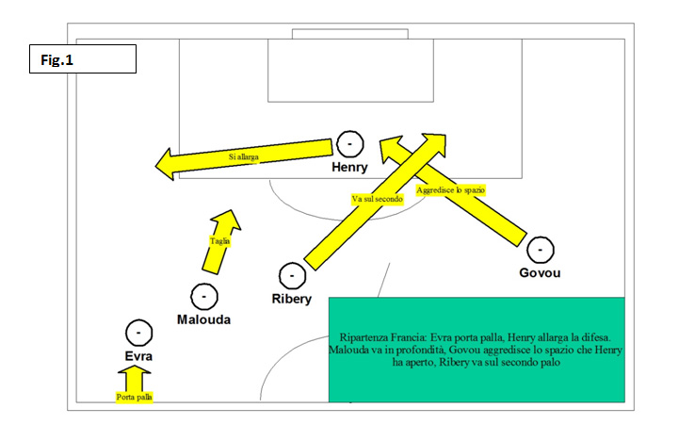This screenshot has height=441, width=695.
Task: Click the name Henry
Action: [349, 168]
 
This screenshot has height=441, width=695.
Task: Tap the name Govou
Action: [540, 272]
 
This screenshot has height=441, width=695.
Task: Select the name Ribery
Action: [292, 299]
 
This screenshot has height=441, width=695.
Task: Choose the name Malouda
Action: [204, 319]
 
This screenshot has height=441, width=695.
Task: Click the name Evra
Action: [138, 356]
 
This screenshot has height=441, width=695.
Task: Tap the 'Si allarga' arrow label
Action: [243, 156]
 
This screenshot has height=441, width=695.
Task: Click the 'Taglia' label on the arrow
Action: [219, 241]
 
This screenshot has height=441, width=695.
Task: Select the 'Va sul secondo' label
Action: [378, 199]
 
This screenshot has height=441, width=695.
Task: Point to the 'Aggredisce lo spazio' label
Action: [450, 190]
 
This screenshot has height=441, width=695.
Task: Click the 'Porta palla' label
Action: [135, 397]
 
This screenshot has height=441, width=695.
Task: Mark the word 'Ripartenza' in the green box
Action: [361, 337]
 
